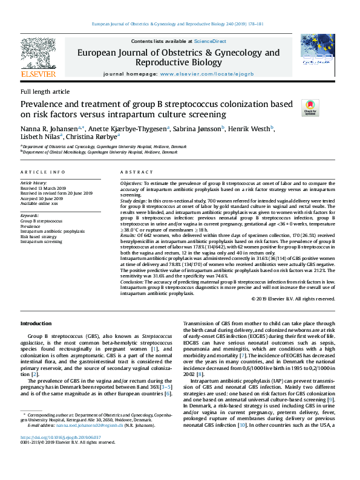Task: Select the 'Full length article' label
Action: pyautogui.click(x=45, y=91)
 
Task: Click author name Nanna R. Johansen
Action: pyautogui.click(x=50, y=128)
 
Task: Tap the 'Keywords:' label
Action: pyautogui.click(x=30, y=215)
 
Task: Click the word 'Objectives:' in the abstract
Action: pyautogui.click(x=132, y=182)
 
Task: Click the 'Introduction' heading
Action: pyautogui.click(x=36, y=324)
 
